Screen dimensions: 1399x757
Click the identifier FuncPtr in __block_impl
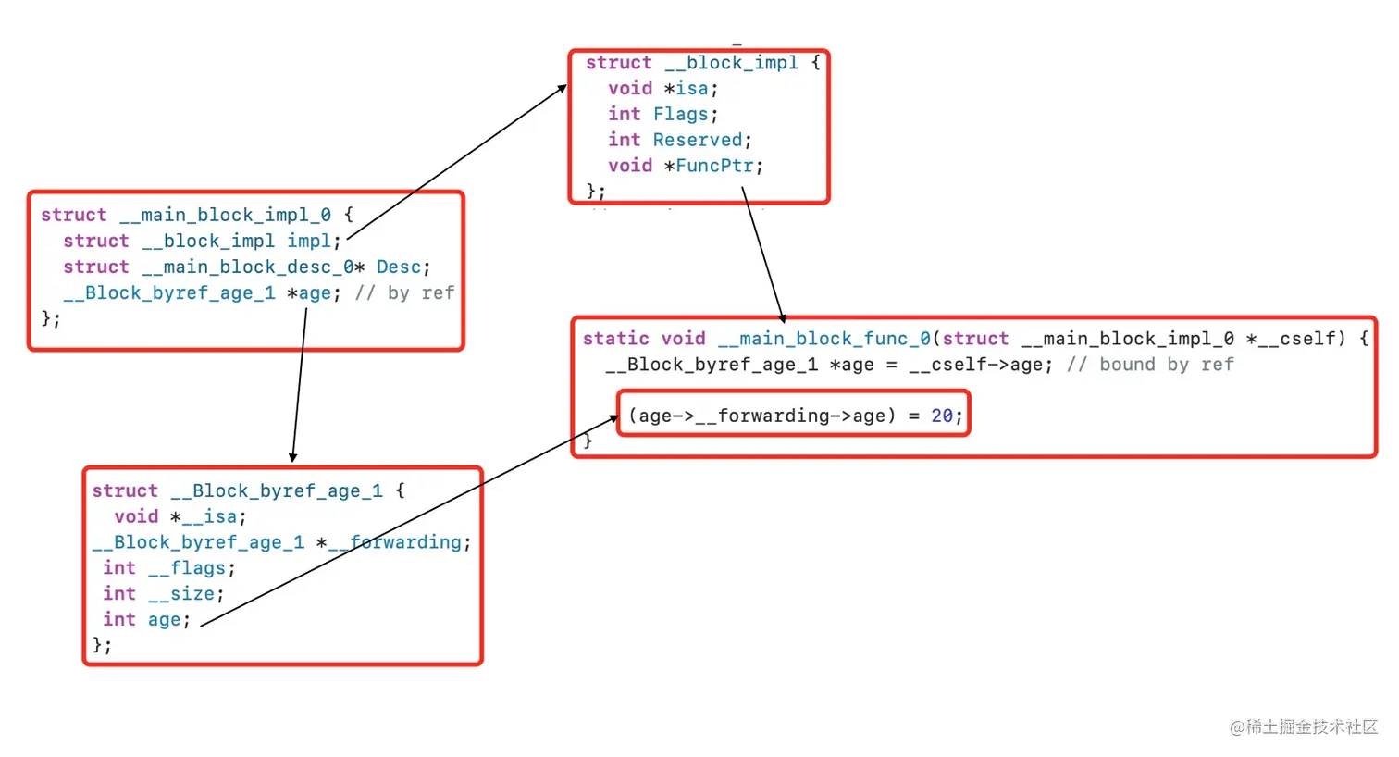pos(714,166)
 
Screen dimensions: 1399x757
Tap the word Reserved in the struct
pos(698,140)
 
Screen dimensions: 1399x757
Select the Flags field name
pos(681,115)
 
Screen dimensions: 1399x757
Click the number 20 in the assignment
pos(942,416)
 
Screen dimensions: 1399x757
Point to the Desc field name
pos(399,267)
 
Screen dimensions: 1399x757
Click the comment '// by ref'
pos(404,293)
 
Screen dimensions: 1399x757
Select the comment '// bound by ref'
pos(1150,364)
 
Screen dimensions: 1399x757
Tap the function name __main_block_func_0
pos(824,339)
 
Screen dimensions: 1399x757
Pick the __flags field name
pos(187,568)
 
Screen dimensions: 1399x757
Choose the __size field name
pos(181,593)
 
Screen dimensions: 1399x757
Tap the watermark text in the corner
pos(1304,726)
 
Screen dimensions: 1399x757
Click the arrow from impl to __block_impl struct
pos(456,162)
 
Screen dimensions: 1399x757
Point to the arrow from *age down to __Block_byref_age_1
pos(299,385)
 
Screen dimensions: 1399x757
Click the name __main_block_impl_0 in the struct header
pos(225,216)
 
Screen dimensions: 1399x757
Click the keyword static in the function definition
pos(616,339)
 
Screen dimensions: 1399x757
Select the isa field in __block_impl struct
pos(692,89)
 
